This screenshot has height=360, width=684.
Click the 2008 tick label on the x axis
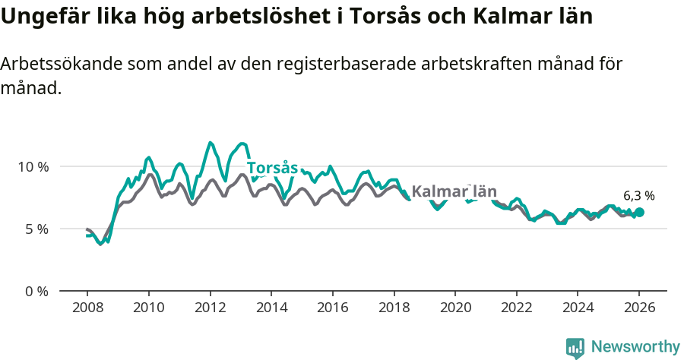[x=87, y=309]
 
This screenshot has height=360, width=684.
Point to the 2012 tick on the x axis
[x=210, y=309]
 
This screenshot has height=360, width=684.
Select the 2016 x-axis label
[x=332, y=309]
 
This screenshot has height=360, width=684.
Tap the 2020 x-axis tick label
[x=455, y=309]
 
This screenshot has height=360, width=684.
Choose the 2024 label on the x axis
[x=578, y=309]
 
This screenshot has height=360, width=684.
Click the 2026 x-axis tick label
[x=639, y=309]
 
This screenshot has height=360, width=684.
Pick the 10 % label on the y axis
[x=33, y=166]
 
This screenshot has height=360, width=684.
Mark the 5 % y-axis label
[x=36, y=229]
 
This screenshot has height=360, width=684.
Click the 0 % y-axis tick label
[x=36, y=291]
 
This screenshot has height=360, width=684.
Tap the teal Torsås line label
[x=272, y=168]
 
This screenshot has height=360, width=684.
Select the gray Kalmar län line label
[x=454, y=191]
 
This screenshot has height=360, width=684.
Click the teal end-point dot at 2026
[x=639, y=213]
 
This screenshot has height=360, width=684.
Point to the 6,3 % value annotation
[x=638, y=196]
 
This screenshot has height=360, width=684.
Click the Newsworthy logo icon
[x=575, y=347]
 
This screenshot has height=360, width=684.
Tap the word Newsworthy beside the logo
[x=635, y=347]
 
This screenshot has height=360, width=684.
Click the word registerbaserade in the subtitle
[x=338, y=65]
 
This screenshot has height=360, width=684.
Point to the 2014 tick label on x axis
[x=271, y=309]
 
